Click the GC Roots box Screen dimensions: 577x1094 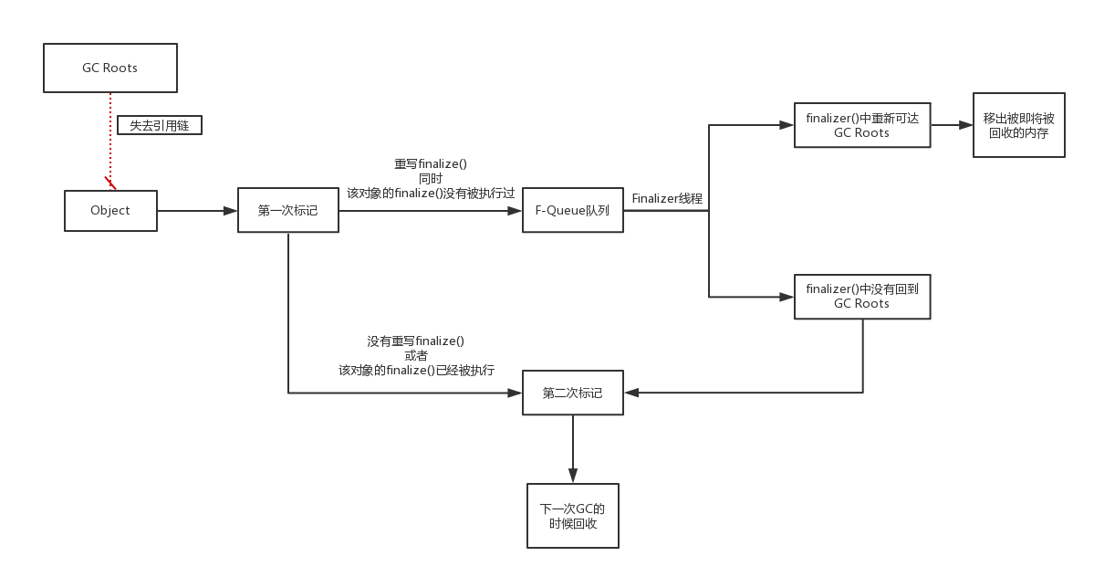pyautogui.click(x=109, y=68)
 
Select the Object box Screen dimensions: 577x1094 pyautogui.click(x=110, y=210)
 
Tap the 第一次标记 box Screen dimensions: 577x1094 pyautogui.click(x=288, y=210)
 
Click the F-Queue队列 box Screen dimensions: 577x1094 pyautogui.click(x=572, y=210)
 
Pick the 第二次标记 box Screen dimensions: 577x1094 pyautogui.click(x=572, y=393)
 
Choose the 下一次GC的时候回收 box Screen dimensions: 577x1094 pyautogui.click(x=572, y=516)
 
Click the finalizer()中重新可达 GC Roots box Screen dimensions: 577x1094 pyautogui.click(x=861, y=125)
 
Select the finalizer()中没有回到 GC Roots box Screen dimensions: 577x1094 pyautogui.click(x=861, y=296)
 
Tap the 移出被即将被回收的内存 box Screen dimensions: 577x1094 pyautogui.click(x=1018, y=125)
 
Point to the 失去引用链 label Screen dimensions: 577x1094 pyautogui.click(x=159, y=125)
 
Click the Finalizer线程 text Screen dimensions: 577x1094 pyautogui.click(x=667, y=198)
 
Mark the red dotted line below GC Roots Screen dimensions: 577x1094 pyautogui.click(x=109, y=137)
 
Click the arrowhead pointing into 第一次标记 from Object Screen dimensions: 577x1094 pyautogui.click(x=230, y=210)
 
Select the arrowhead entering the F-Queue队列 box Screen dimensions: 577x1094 pyautogui.click(x=515, y=210)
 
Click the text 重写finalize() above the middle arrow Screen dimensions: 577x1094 pyautogui.click(x=430, y=164)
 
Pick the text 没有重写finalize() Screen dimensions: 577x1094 pyautogui.click(x=416, y=341)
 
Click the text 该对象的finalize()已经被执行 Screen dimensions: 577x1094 pyautogui.click(x=416, y=370)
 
